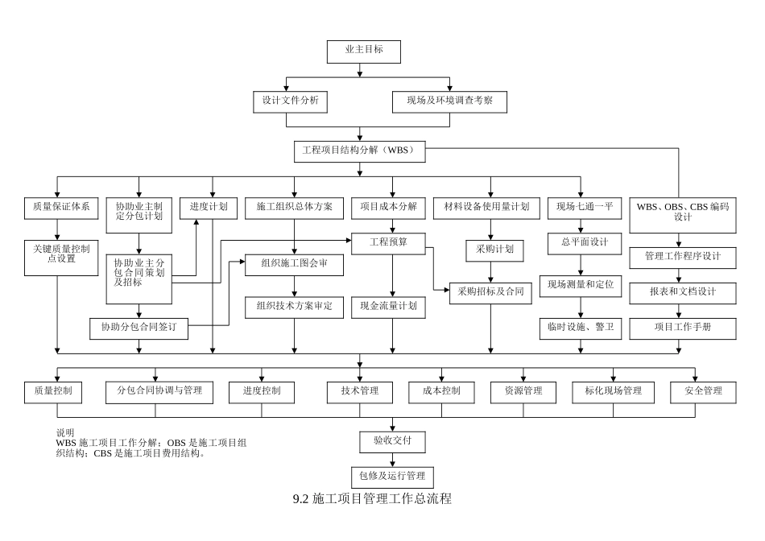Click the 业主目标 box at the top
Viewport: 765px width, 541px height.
363,51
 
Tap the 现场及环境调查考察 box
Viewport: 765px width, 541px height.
449,101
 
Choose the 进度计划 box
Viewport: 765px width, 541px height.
209,207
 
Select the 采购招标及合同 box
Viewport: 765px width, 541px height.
490,291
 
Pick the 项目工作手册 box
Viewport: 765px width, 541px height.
682,327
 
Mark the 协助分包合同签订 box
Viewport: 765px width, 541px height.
139,328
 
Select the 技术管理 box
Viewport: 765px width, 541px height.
359,391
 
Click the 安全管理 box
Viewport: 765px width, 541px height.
703,391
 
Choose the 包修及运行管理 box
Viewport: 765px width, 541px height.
392,476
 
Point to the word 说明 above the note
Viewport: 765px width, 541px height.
65,432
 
